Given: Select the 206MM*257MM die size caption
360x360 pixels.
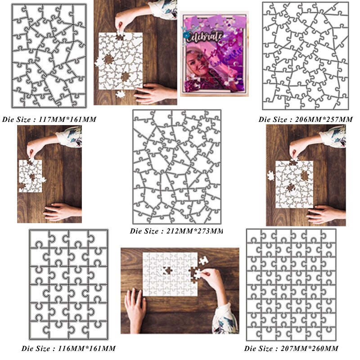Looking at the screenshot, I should pos(306,120).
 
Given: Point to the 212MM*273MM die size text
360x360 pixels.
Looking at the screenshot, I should pos(176,231).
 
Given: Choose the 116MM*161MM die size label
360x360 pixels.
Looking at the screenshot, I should pos(68,348).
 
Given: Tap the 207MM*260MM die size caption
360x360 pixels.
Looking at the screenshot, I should pos(292,348).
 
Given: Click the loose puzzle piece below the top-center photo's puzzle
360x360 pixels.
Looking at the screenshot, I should pos(121,94).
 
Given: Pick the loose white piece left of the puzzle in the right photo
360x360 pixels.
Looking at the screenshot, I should pos(270,175).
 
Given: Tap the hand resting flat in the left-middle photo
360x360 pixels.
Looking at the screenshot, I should pos(59,211).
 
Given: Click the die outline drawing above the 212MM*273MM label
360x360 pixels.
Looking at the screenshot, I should pos(176,166).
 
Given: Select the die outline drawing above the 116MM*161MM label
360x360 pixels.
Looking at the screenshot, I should pos(68,284).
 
